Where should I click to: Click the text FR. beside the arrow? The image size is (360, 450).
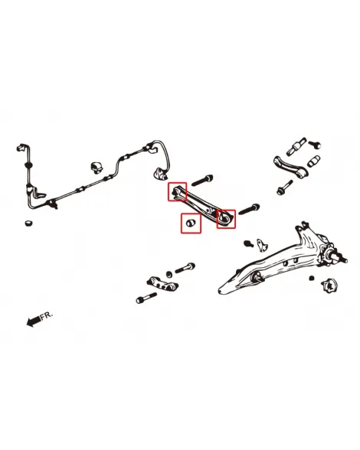[x=47, y=315]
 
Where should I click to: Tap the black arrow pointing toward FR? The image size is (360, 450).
[x=34, y=321]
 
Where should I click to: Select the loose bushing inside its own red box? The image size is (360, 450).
[x=191, y=223]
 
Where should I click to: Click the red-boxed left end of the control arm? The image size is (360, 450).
[x=177, y=191]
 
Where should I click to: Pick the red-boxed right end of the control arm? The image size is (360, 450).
[x=226, y=218]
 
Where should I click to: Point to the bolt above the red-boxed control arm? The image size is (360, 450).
[x=202, y=181]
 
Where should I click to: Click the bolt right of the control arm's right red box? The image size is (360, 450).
[x=249, y=209]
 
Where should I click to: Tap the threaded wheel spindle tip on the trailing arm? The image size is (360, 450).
[x=342, y=258]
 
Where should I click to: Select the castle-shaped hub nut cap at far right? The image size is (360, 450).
[x=329, y=285]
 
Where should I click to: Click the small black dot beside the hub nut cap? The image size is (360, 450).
[x=312, y=278]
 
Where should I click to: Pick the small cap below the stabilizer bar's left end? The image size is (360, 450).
[x=28, y=223]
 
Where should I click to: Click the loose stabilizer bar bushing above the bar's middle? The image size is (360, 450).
[x=97, y=168]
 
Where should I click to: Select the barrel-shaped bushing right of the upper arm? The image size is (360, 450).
[x=314, y=161]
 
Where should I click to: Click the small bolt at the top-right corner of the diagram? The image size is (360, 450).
[x=315, y=144]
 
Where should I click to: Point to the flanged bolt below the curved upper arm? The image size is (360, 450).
[x=285, y=187]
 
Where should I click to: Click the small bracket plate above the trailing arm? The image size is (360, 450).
[x=262, y=245]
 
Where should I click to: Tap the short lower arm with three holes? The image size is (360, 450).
[x=162, y=283]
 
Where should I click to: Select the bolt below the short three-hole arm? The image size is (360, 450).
[x=146, y=298]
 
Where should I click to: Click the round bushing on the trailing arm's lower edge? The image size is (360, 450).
[x=257, y=278]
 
